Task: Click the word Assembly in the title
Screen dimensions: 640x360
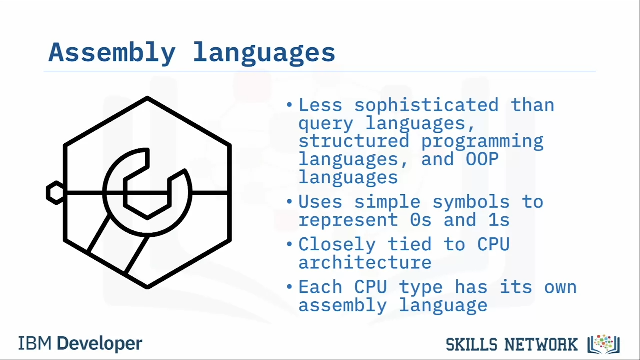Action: [112, 53]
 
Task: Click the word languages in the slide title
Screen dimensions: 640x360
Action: [264, 53]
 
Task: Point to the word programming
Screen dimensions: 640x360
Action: [482, 142]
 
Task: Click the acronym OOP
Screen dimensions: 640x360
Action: [482, 159]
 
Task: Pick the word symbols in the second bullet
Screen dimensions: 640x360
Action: [471, 202]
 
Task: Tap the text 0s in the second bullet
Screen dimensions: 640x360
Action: [421, 220]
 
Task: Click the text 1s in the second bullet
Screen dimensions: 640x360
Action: [499, 220]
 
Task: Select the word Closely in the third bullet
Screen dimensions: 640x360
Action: [337, 244]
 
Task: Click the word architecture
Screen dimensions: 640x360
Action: [365, 263]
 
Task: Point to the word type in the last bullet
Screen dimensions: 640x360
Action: [421, 288]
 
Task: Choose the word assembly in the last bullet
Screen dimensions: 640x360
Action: [343, 305]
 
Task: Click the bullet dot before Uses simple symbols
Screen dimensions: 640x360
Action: [289, 201]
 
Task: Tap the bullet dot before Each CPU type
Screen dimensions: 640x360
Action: [289, 286]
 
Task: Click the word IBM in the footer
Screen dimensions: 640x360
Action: [35, 343]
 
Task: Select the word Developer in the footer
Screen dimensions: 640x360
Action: [99, 344]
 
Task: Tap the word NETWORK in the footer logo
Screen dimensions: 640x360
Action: [541, 344]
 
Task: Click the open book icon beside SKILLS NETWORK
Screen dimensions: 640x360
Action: [603, 344]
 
